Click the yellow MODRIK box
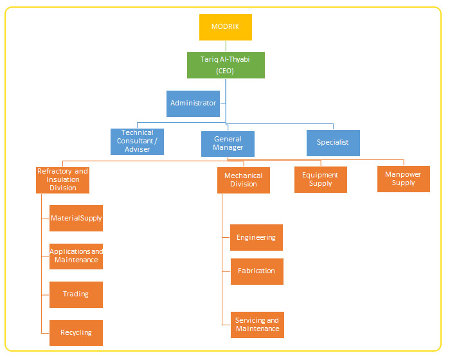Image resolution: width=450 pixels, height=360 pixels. point(225,27)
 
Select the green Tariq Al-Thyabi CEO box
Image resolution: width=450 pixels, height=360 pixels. point(225,65)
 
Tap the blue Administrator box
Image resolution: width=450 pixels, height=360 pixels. point(193,104)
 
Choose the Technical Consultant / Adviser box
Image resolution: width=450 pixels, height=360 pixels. point(138,141)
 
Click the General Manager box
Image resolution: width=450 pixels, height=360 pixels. point(228,143)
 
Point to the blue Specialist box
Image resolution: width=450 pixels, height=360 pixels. point(333,143)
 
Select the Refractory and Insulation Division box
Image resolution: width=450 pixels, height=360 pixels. point(62,180)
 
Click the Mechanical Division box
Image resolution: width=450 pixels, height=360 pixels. point(244,180)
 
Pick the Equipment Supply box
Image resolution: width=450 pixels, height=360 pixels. point(320,179)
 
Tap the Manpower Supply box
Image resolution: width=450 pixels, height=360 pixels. point(404,179)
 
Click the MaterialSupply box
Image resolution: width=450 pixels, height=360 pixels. point(76,219)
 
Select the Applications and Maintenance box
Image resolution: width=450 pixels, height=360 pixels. point(76,256)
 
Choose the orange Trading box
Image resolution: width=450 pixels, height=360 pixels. point(76,294)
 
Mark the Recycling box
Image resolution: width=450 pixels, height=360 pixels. point(76,333)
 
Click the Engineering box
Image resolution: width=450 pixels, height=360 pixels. point(256,238)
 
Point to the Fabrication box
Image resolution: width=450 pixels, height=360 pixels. point(256,271)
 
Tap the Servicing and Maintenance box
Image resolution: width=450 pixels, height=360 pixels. point(257,325)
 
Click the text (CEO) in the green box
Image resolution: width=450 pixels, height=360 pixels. point(225,71)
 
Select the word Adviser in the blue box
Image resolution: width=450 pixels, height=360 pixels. point(138,150)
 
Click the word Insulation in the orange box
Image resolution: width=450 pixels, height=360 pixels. point(63,180)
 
